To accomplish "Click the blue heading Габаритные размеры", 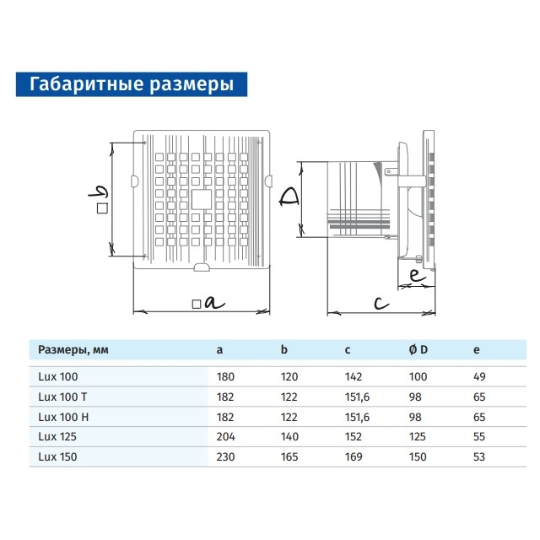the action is [x=132, y=84].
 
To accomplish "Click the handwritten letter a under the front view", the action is [x=214, y=303].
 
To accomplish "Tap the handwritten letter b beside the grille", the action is [x=98, y=192].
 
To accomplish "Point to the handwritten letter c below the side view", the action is [x=381, y=304].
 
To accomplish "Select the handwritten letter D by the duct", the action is [x=289, y=197].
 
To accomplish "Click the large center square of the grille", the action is [x=202, y=199].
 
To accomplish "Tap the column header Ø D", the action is [x=418, y=350].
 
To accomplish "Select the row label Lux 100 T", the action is [x=62, y=397].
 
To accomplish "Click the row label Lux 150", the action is [x=57, y=456].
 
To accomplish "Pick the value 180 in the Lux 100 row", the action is [x=225, y=377].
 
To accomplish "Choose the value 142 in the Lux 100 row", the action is [x=354, y=377].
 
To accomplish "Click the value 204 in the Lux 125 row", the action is [x=226, y=437].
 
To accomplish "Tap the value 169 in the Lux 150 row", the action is [x=354, y=456].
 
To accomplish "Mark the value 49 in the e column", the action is [x=479, y=377].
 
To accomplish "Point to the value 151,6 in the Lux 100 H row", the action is [x=358, y=417].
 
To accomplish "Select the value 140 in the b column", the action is [x=289, y=437].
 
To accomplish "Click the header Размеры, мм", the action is [x=73, y=350].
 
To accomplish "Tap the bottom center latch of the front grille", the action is [x=202, y=267].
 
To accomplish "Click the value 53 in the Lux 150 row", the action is [x=479, y=456].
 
